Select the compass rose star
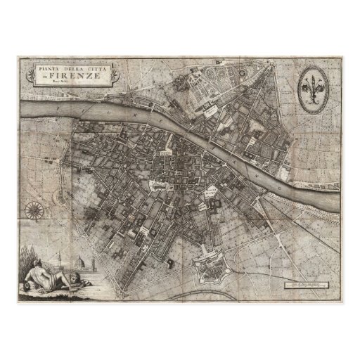(x=33, y=209)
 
